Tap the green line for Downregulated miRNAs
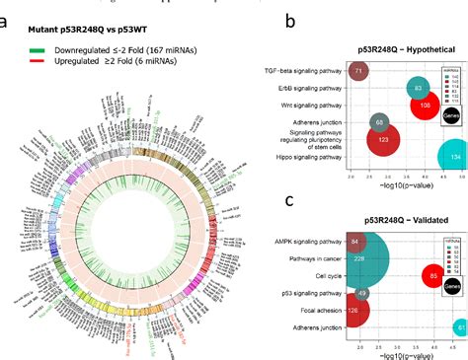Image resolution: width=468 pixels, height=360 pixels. click(35, 46)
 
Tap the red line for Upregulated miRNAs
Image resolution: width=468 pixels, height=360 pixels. click(35, 59)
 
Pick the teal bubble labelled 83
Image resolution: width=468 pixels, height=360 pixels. click(391, 88)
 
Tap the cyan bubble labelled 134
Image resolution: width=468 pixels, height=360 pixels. click(455, 157)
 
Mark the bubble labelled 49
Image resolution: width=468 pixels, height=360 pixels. click(361, 293)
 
